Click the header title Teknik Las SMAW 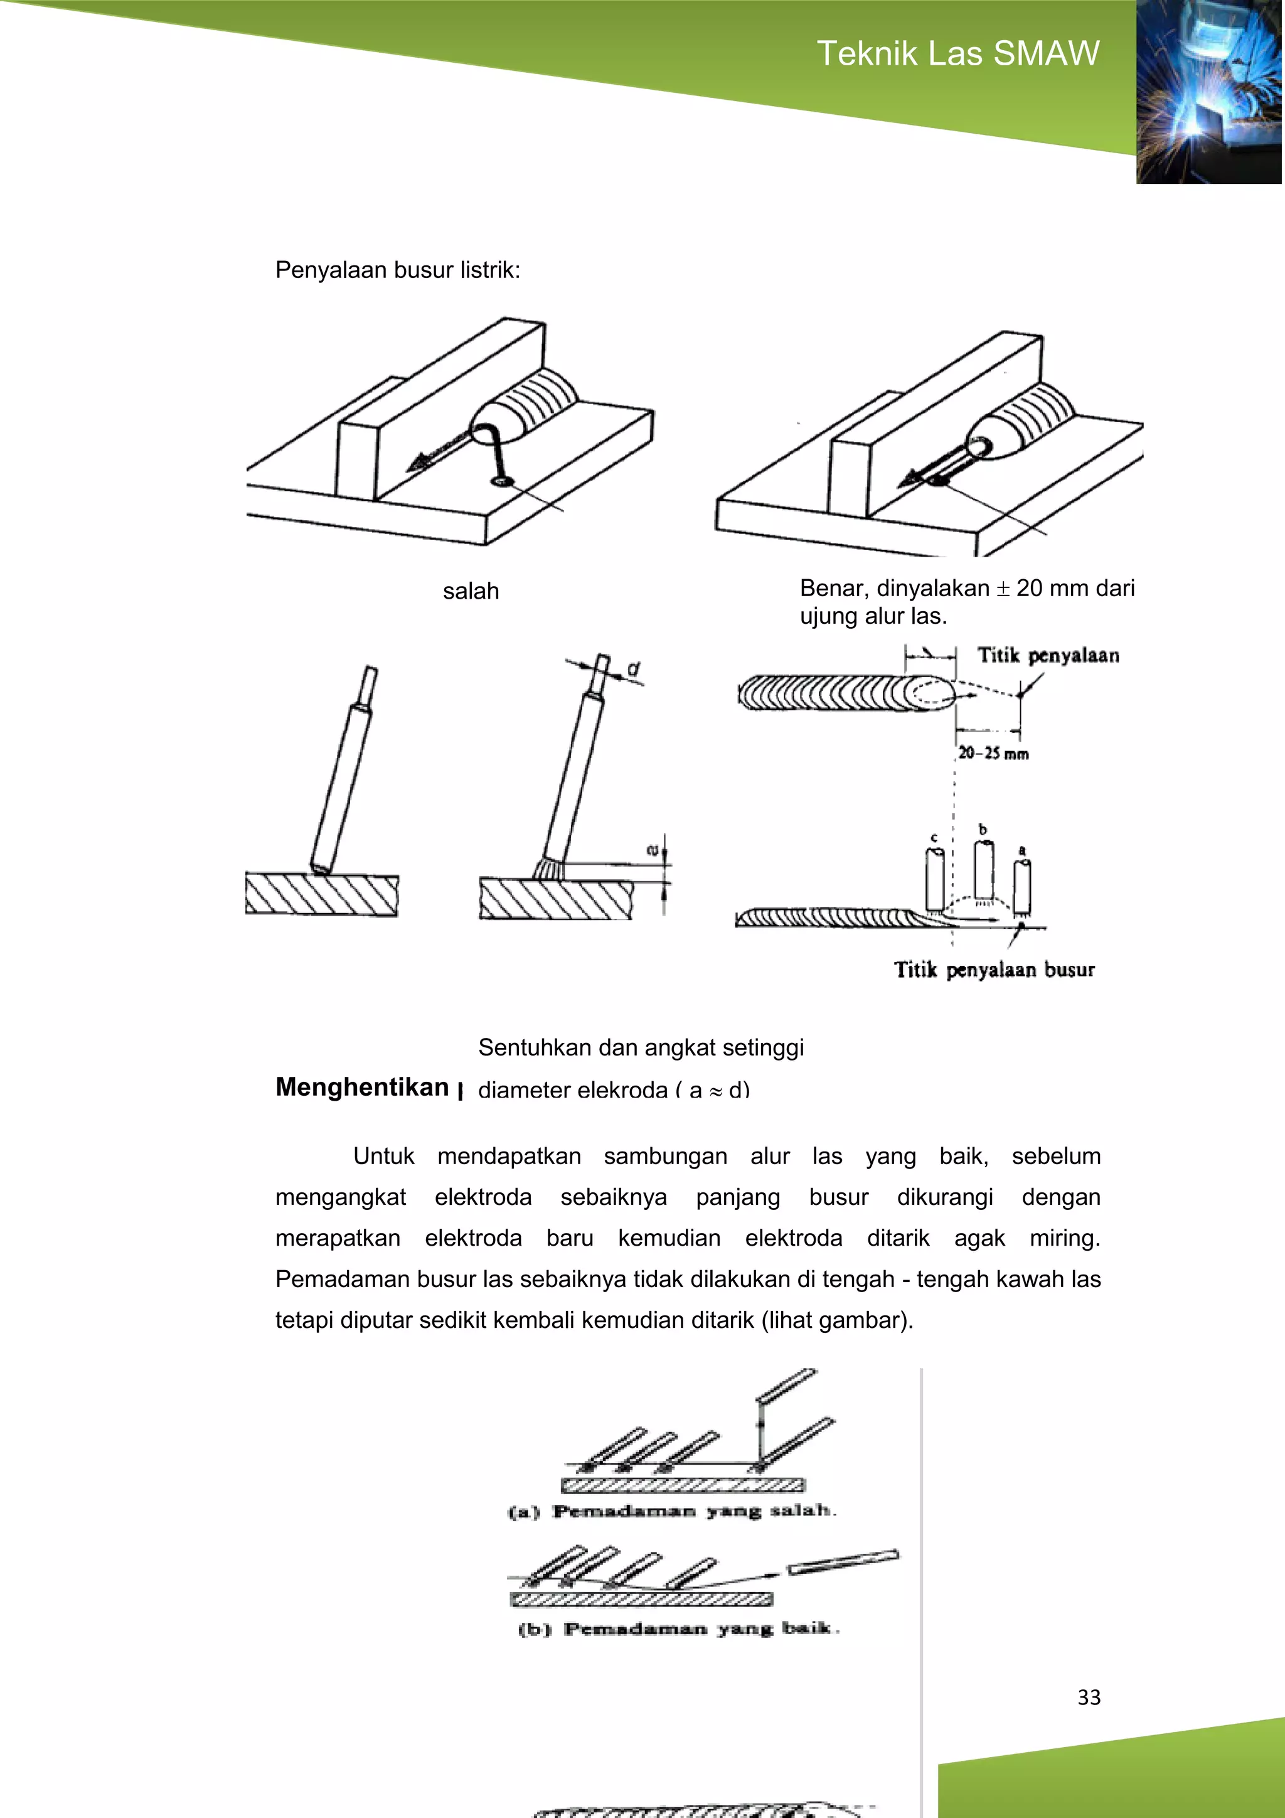coord(957,54)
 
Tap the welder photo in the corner coord(1209,92)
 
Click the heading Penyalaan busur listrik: coord(397,270)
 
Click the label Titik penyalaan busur coord(994,970)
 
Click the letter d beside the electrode coord(633,670)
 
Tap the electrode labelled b coord(983,871)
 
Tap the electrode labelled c coord(935,879)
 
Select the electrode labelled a coord(1022,889)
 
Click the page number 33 coord(1089,1697)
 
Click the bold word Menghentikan coord(363,1087)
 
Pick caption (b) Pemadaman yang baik coord(678,1628)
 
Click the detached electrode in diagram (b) coord(843,1561)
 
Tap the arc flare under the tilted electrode coord(548,869)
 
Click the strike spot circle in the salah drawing coord(502,481)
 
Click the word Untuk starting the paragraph coord(383,1156)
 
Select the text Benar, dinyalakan coord(894,588)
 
